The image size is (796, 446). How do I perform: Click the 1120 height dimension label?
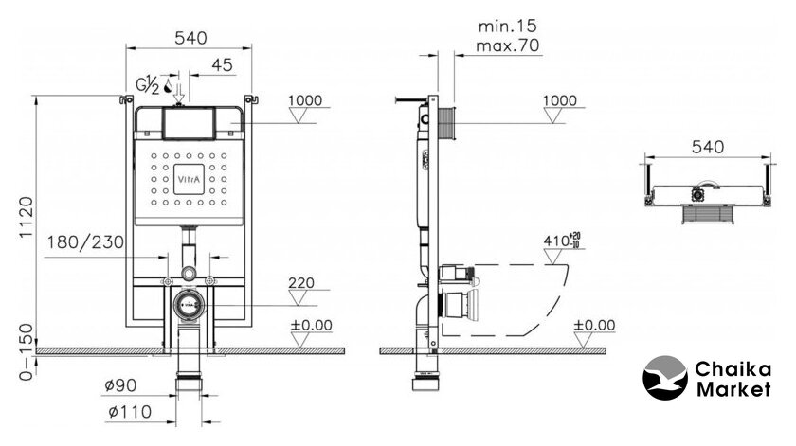tap(27, 217)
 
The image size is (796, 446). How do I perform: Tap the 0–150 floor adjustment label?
tap(27, 352)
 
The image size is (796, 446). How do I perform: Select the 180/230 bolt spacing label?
tap(86, 242)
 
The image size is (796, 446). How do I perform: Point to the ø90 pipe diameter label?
tap(121, 385)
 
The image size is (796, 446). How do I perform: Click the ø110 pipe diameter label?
tap(130, 412)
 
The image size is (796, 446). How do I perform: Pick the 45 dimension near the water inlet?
tap(222, 65)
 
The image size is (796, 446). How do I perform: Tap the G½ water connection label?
tap(147, 85)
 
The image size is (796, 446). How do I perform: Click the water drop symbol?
tap(168, 87)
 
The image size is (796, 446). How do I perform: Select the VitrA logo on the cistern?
tap(189, 179)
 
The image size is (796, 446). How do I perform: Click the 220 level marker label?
tap(301, 282)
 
